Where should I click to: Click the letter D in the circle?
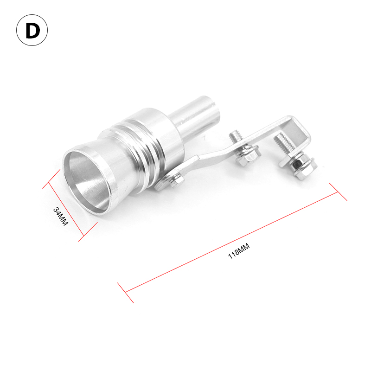[32, 31]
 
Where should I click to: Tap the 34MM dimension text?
[61, 216]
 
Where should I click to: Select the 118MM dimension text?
[239, 251]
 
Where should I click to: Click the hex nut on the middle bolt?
[249, 156]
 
